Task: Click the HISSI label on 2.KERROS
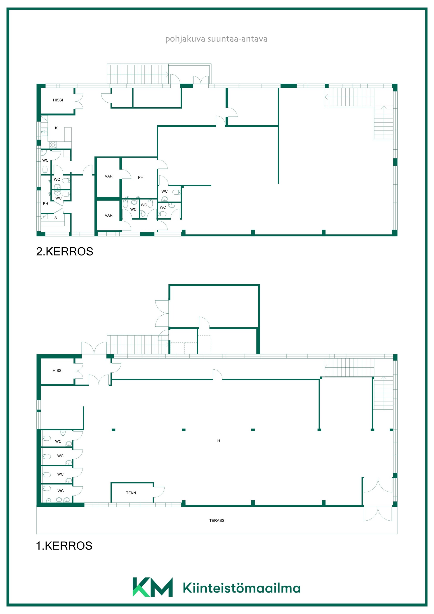58,100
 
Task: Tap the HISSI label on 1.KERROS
57,370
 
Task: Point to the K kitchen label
56,128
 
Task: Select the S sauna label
56,218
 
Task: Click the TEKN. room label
131,493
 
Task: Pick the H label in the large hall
219,441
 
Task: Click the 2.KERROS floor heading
64,251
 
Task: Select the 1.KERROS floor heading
64,546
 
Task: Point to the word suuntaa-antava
237,39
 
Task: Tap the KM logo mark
152,587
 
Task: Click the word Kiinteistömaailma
241,588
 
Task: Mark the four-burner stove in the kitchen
53,145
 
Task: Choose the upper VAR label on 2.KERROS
108,176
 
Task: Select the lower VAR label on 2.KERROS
108,215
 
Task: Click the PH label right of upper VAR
141,177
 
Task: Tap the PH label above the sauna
45,203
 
